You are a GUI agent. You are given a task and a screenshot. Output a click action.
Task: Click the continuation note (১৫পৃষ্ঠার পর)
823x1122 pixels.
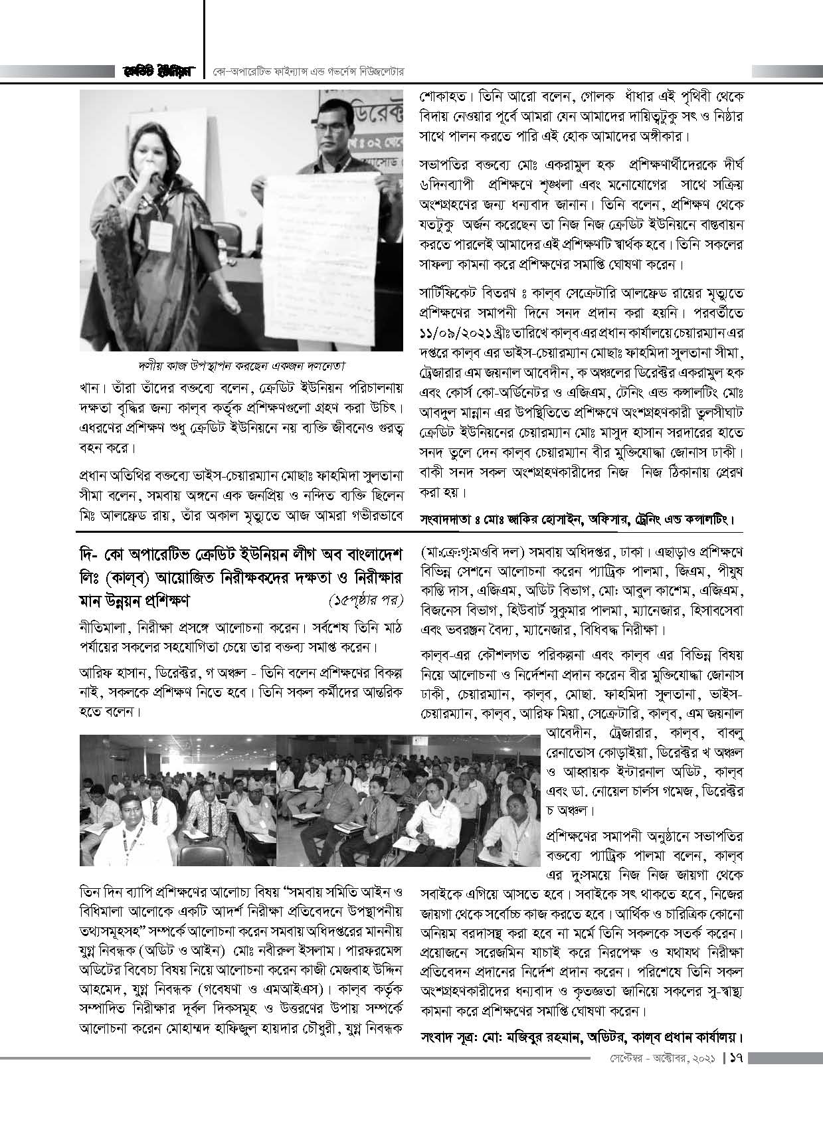(366, 601)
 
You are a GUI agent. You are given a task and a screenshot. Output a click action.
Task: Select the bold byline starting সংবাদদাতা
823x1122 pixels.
(578, 517)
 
